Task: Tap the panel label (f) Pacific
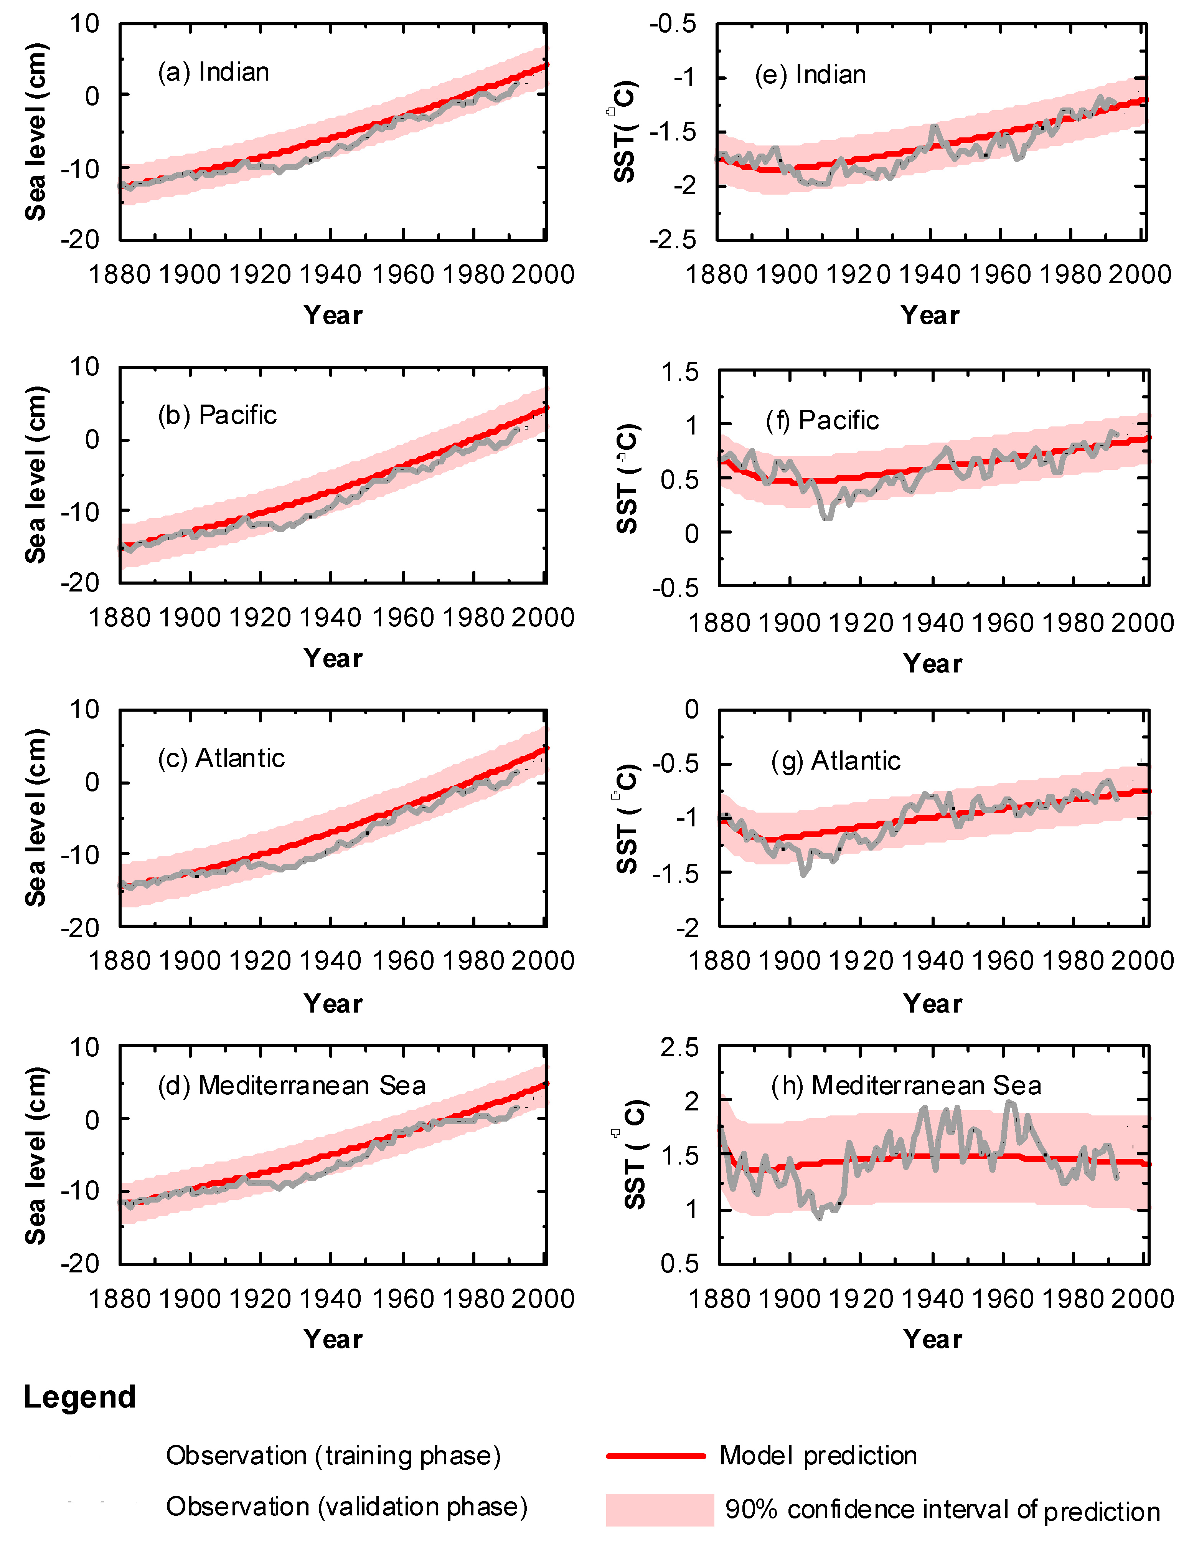click(822, 420)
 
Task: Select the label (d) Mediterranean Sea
click(292, 1085)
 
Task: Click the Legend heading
click(79, 1397)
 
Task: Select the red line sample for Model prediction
click(655, 1456)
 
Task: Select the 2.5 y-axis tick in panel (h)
click(679, 1047)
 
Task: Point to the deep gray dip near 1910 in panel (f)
click(827, 517)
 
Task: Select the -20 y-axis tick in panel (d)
click(80, 1264)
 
